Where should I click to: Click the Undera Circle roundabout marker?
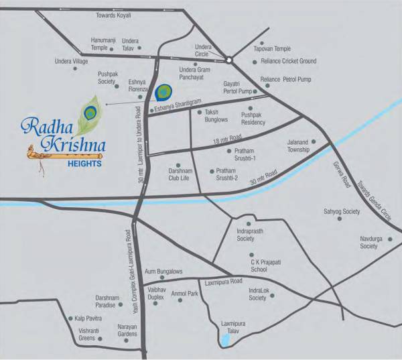pyautogui.click(x=228, y=60)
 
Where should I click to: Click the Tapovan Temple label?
pyautogui.click(x=272, y=49)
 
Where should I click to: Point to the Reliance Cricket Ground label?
pyautogui.click(x=288, y=61)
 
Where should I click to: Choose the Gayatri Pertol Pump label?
pyautogui.click(x=237, y=87)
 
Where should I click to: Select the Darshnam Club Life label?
pyautogui.click(x=179, y=175)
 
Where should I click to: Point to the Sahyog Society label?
pyautogui.click(x=342, y=211)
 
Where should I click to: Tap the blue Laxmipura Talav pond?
pyautogui.click(x=226, y=340)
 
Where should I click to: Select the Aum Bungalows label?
pyautogui.click(x=163, y=271)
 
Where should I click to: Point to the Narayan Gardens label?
pyautogui.click(x=127, y=331)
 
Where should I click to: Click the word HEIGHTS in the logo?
pyautogui.click(x=84, y=162)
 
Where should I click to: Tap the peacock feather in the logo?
pyautogui.click(x=90, y=113)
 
